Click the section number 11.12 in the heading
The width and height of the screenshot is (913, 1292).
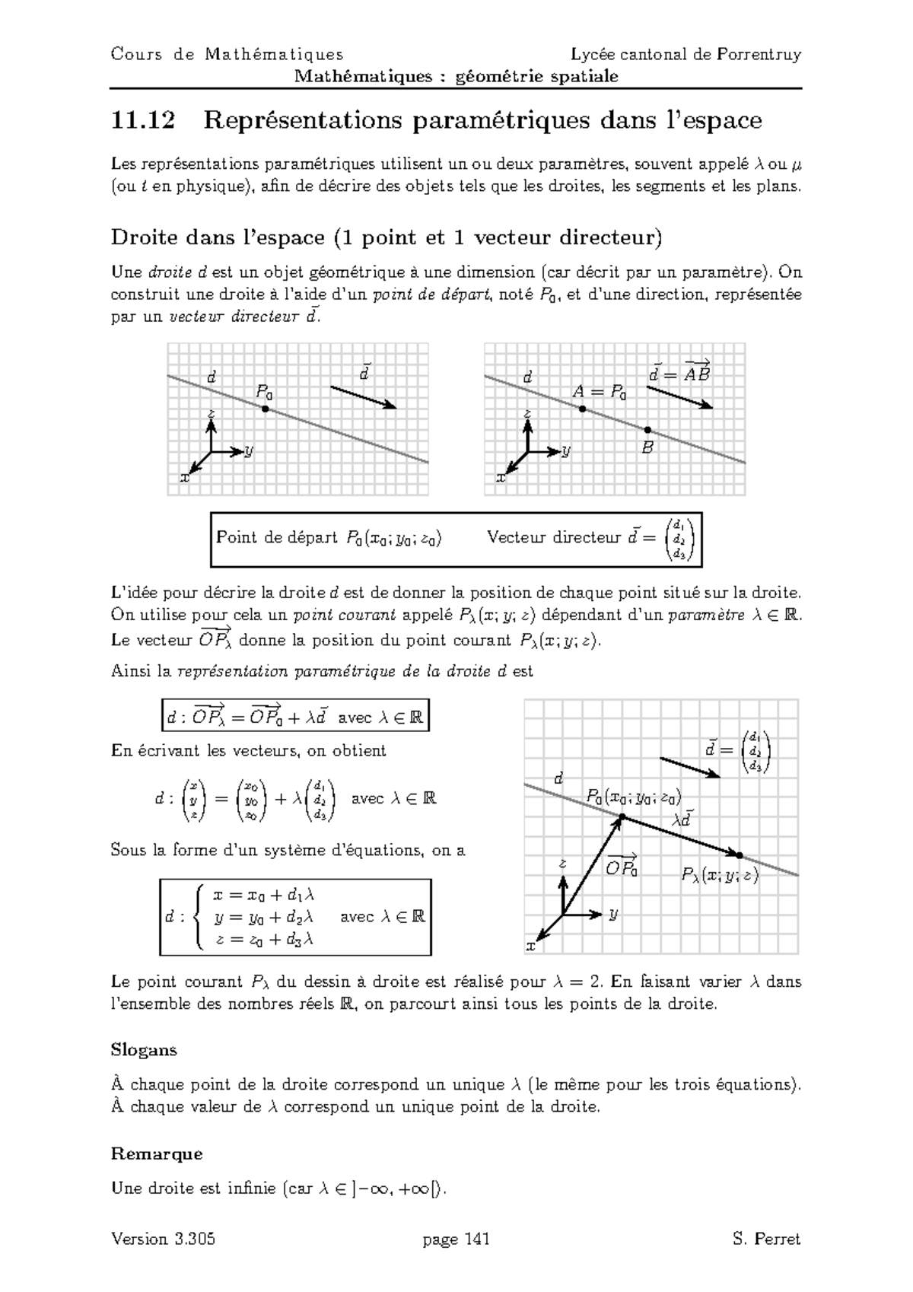(x=142, y=120)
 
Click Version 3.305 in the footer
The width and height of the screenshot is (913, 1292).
(x=163, y=1239)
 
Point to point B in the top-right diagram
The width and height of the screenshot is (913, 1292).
(x=647, y=430)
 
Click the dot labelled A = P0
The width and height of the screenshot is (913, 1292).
(x=582, y=409)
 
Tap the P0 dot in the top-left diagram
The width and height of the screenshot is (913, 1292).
(x=265, y=409)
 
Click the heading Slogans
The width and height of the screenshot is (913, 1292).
(x=144, y=1050)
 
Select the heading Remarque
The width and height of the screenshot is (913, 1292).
(x=156, y=1154)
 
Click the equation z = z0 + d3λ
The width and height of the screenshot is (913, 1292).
(x=265, y=940)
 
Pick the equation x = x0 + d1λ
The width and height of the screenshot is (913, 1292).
(x=264, y=896)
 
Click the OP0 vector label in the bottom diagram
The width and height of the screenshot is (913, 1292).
(x=621, y=867)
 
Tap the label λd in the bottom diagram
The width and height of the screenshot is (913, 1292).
(x=683, y=819)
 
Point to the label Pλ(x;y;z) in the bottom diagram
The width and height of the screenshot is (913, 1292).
(x=720, y=876)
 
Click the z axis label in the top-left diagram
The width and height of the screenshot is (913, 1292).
(x=211, y=413)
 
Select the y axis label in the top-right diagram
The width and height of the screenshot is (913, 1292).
(x=565, y=452)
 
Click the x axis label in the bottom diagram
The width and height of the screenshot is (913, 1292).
(x=530, y=947)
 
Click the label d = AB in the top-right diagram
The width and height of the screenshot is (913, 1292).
(x=679, y=373)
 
